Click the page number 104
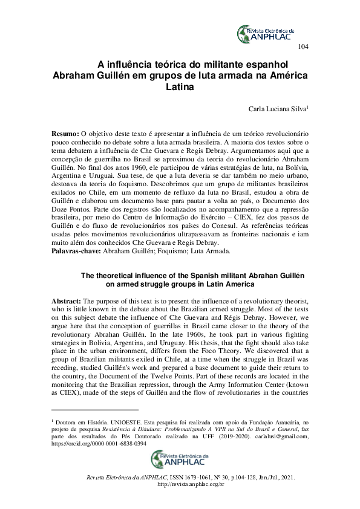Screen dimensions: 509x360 coord(304,47)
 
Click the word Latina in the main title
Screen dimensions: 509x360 coord(180,88)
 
